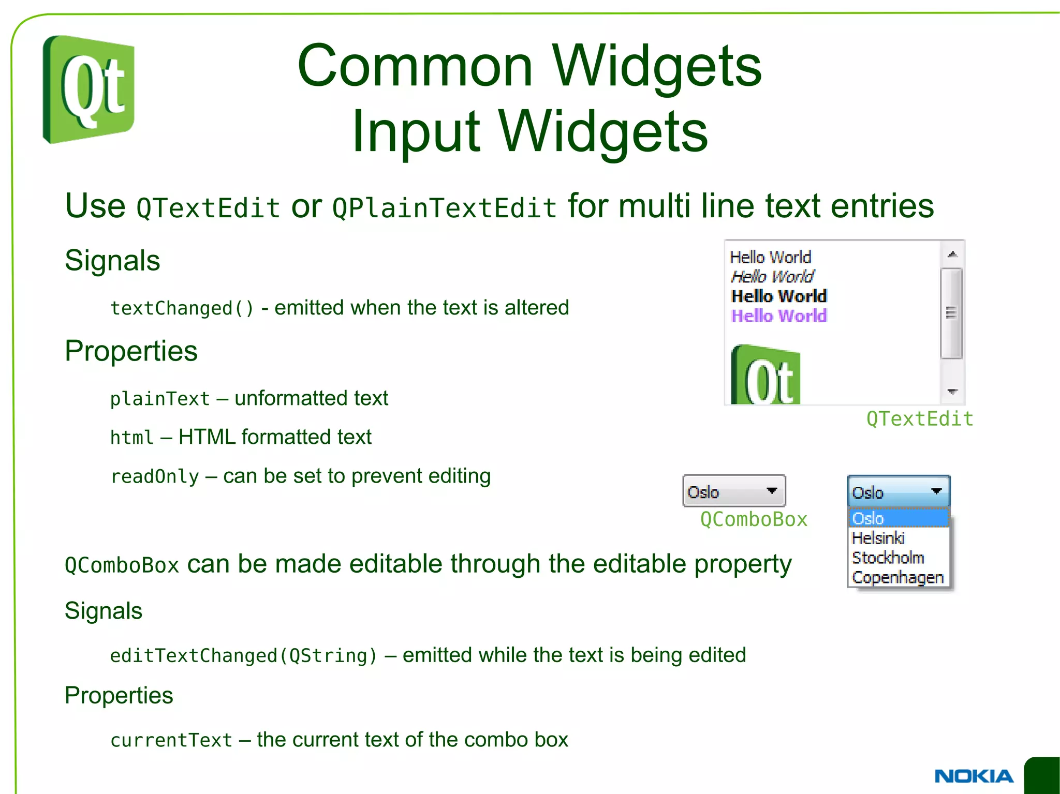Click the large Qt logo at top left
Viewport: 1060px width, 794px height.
pos(89,89)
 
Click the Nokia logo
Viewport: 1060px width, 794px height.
pos(973,776)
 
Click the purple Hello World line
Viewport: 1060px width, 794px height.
pos(778,316)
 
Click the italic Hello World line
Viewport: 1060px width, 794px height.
pos(772,277)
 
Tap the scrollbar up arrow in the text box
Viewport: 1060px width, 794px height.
pos(952,254)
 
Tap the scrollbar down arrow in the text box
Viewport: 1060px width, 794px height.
pos(952,392)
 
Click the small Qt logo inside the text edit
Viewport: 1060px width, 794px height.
pos(765,376)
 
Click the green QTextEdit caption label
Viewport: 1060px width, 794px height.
pos(920,419)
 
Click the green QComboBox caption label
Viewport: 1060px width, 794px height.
pos(754,519)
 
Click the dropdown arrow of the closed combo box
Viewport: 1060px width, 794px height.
pos(772,490)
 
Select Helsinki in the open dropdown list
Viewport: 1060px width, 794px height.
pos(878,538)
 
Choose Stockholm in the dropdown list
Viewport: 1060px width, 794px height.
pos(888,558)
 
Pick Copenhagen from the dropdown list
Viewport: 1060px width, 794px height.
pos(897,577)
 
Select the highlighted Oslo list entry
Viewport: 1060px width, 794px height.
pos(868,518)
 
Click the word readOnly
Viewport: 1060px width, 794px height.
pos(155,476)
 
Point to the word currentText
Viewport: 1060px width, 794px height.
pos(171,740)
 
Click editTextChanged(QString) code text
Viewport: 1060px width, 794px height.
pos(243,656)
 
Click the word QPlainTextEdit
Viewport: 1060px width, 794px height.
pos(444,208)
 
